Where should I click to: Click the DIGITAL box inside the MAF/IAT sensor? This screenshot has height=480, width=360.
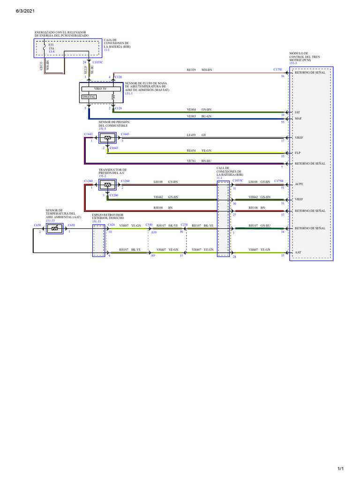click(x=89, y=97)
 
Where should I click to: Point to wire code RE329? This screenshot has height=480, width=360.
click(x=191, y=69)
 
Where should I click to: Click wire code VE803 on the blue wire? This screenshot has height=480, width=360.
click(x=191, y=116)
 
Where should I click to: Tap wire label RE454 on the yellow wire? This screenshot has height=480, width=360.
click(x=191, y=151)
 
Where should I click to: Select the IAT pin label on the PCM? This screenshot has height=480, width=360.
click(x=297, y=112)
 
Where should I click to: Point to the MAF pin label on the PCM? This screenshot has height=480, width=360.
click(x=298, y=119)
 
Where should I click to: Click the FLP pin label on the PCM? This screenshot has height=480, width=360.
click(x=297, y=153)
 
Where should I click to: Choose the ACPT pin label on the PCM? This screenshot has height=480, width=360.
click(x=299, y=185)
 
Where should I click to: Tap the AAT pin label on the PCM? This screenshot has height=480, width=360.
click(x=298, y=252)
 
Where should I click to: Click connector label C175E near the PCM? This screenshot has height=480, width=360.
click(x=278, y=69)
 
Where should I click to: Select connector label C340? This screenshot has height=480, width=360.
click(x=149, y=225)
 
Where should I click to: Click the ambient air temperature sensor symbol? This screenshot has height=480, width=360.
click(x=54, y=228)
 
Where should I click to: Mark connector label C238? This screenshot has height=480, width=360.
click(x=184, y=225)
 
